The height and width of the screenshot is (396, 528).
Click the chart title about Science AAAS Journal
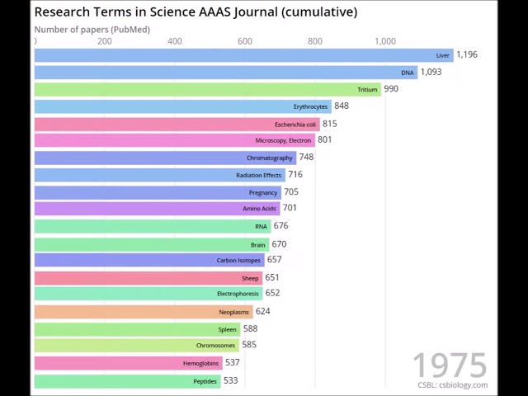click(196, 12)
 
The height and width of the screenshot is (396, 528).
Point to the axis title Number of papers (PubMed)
click(92, 30)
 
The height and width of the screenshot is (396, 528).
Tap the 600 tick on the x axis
click(245, 40)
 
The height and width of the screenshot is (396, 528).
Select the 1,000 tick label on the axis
click(384, 40)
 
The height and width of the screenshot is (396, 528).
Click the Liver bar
click(243, 55)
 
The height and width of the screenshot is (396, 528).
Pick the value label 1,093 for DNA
click(431, 72)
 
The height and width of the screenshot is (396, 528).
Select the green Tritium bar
click(207, 89)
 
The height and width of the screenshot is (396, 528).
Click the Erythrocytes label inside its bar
click(310, 106)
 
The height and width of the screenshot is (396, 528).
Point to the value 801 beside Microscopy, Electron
click(324, 139)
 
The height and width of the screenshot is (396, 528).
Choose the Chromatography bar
click(165, 158)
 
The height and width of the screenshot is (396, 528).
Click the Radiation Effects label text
click(258, 175)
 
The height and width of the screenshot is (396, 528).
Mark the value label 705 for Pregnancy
click(291, 191)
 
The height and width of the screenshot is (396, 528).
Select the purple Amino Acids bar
click(157, 209)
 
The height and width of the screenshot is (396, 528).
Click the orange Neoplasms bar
click(144, 312)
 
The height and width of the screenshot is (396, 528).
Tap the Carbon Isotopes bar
click(149, 260)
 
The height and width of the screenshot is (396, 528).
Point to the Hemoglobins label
click(200, 363)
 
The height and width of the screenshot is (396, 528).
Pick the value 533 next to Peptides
click(230, 380)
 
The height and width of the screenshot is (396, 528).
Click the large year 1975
click(450, 365)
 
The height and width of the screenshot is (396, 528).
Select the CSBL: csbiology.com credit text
click(452, 385)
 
